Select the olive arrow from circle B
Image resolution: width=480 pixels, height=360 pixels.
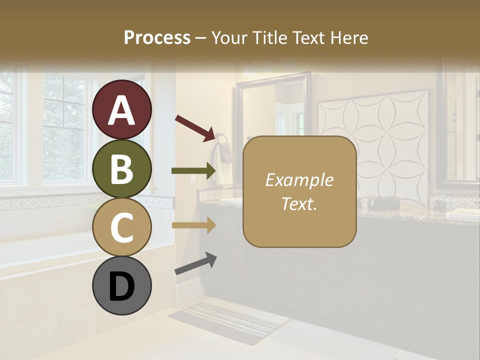click(x=193, y=170)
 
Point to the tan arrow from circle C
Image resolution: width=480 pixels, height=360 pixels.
click(x=193, y=225)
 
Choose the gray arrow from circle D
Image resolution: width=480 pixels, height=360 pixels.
click(x=195, y=263)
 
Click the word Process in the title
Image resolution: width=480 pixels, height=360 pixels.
click(x=157, y=38)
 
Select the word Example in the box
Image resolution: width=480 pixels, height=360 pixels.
click(x=299, y=180)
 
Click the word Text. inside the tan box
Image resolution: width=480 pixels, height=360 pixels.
click(x=299, y=203)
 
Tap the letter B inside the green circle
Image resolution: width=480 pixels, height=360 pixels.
click(x=122, y=168)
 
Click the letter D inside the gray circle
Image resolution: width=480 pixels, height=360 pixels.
click(x=122, y=286)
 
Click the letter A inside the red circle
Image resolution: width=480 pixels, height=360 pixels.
click(x=122, y=110)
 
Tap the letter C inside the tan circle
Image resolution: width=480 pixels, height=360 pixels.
click(x=122, y=227)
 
